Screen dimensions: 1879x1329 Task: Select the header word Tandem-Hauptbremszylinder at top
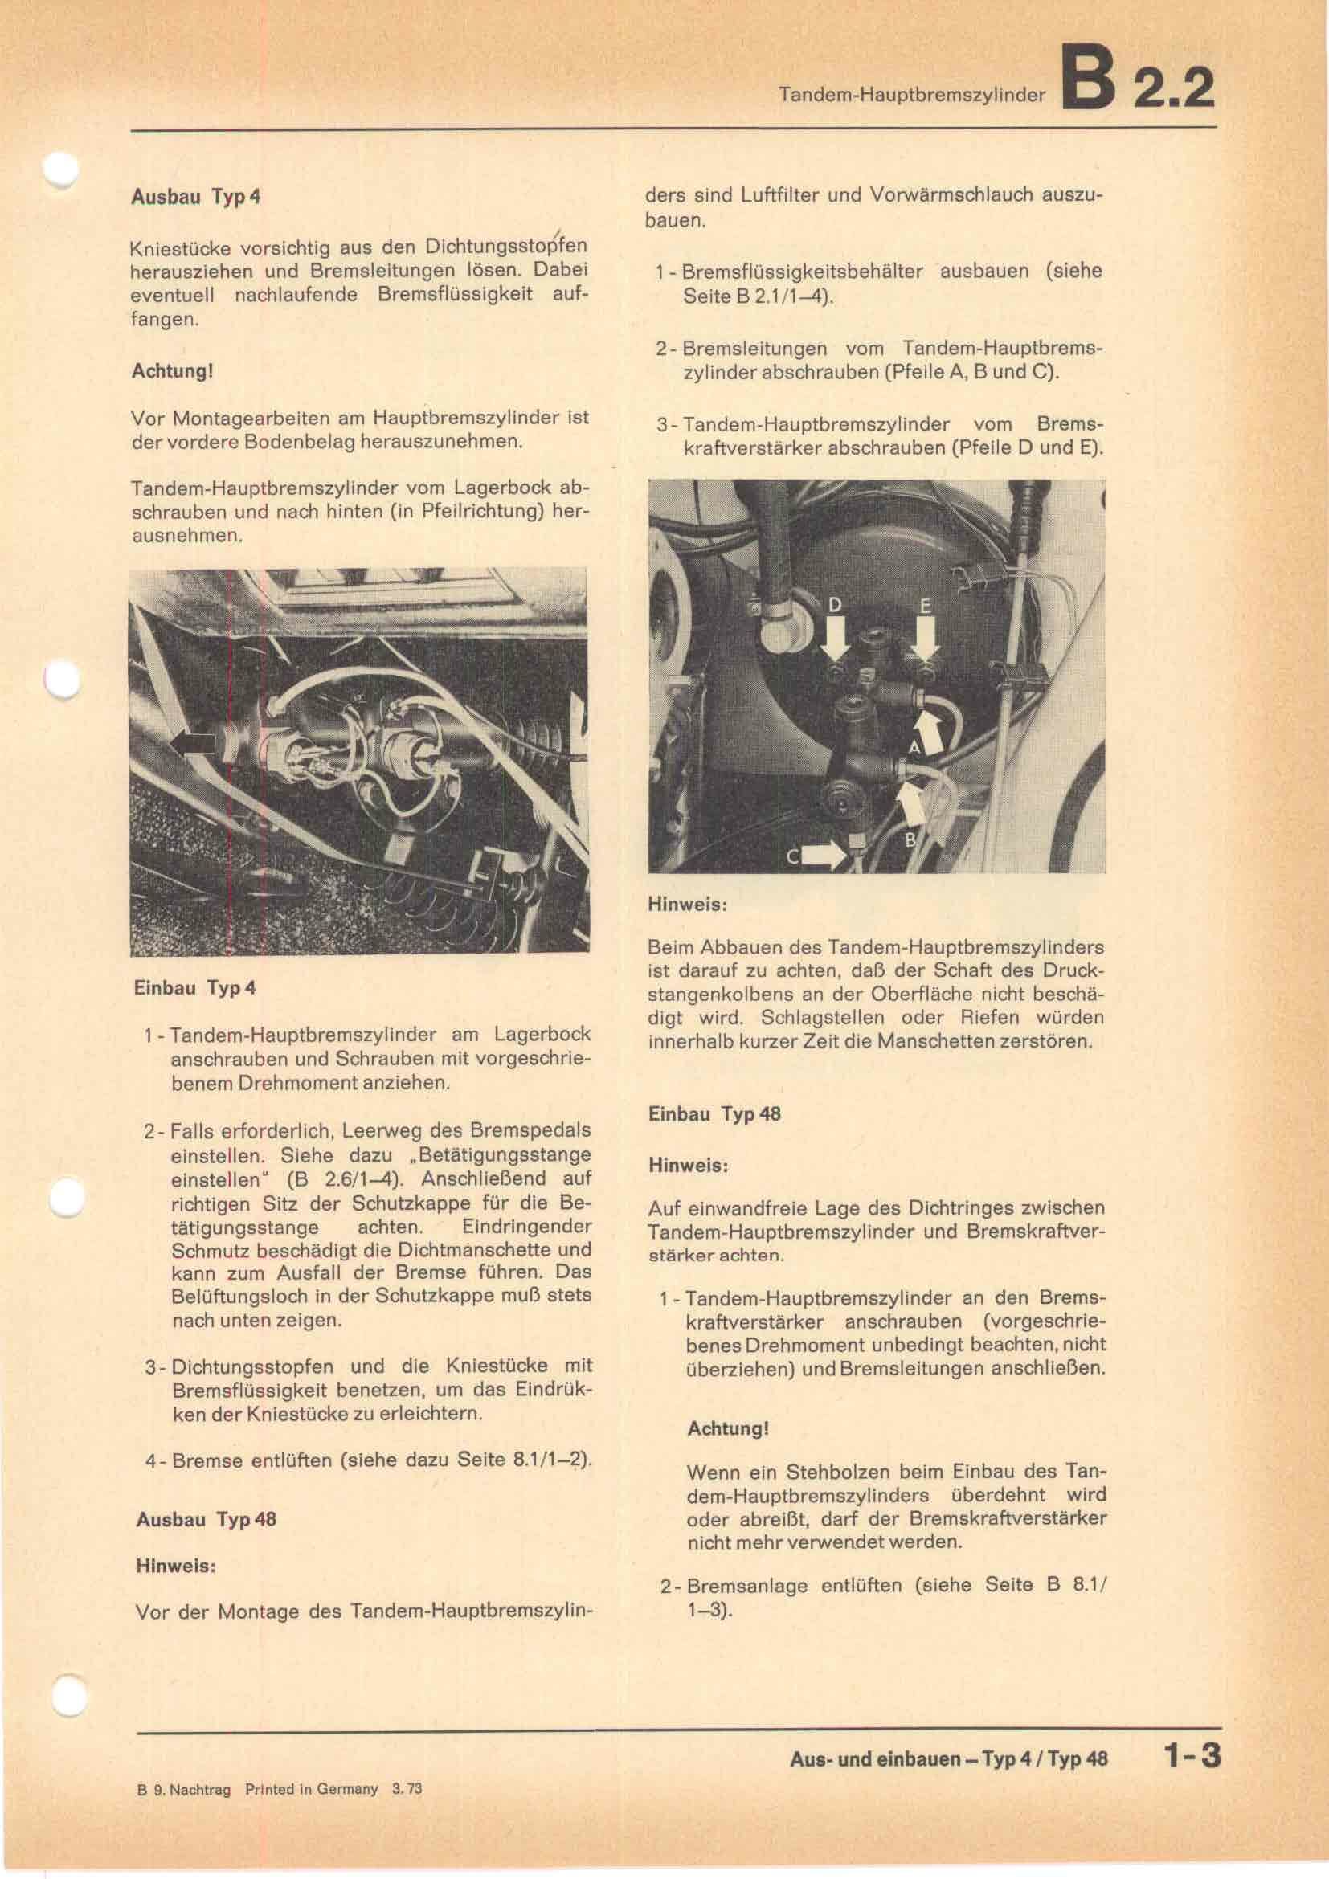pos(912,95)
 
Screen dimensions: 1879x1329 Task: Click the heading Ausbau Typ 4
pos(195,198)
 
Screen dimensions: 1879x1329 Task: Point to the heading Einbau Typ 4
pos(194,988)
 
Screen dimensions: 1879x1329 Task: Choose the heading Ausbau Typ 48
pos(207,1519)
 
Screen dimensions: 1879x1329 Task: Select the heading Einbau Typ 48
pos(714,1113)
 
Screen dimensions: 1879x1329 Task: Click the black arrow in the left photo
pos(193,742)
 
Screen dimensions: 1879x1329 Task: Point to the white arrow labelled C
pos(824,856)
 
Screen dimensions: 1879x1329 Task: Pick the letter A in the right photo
pos(915,746)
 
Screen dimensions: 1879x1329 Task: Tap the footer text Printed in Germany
pos(311,1789)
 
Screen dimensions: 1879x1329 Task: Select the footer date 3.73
pos(407,1789)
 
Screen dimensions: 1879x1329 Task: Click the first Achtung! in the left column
pos(172,370)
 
